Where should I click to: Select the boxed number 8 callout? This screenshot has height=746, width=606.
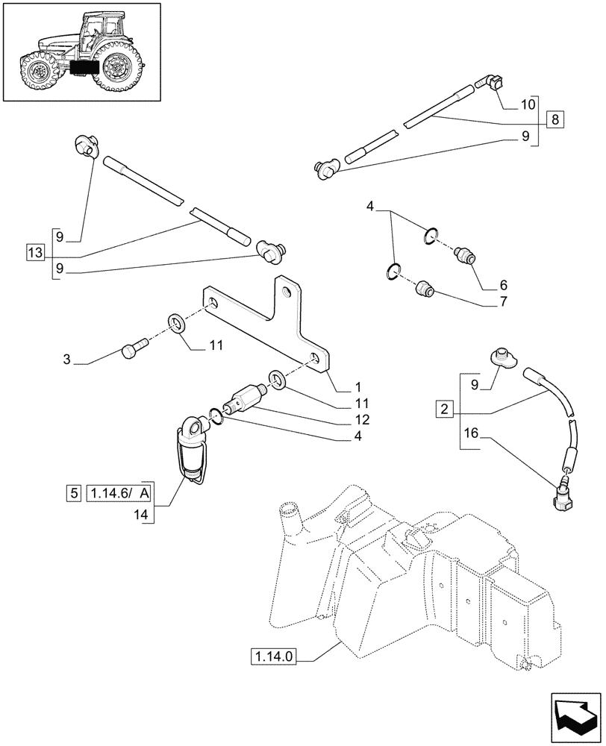tap(555, 118)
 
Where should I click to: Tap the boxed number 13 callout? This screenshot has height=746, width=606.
tap(35, 254)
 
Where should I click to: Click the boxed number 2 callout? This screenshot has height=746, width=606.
tap(445, 409)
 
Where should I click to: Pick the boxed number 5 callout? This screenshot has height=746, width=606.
tap(73, 493)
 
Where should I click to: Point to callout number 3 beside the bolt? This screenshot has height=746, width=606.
tap(66, 360)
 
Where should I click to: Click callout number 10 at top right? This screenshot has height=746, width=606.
tap(528, 104)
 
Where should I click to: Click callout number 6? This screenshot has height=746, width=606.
tap(503, 285)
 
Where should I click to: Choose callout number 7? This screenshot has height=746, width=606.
tap(503, 302)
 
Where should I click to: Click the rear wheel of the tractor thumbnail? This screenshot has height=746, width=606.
tap(116, 66)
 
